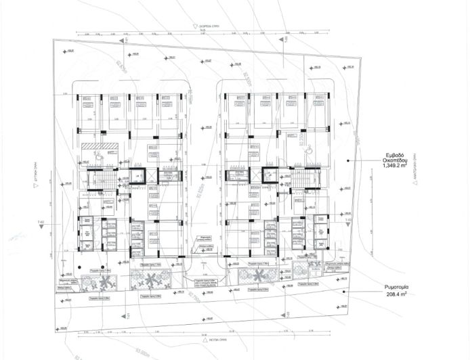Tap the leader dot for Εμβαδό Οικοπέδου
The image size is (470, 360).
click(348, 160)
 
